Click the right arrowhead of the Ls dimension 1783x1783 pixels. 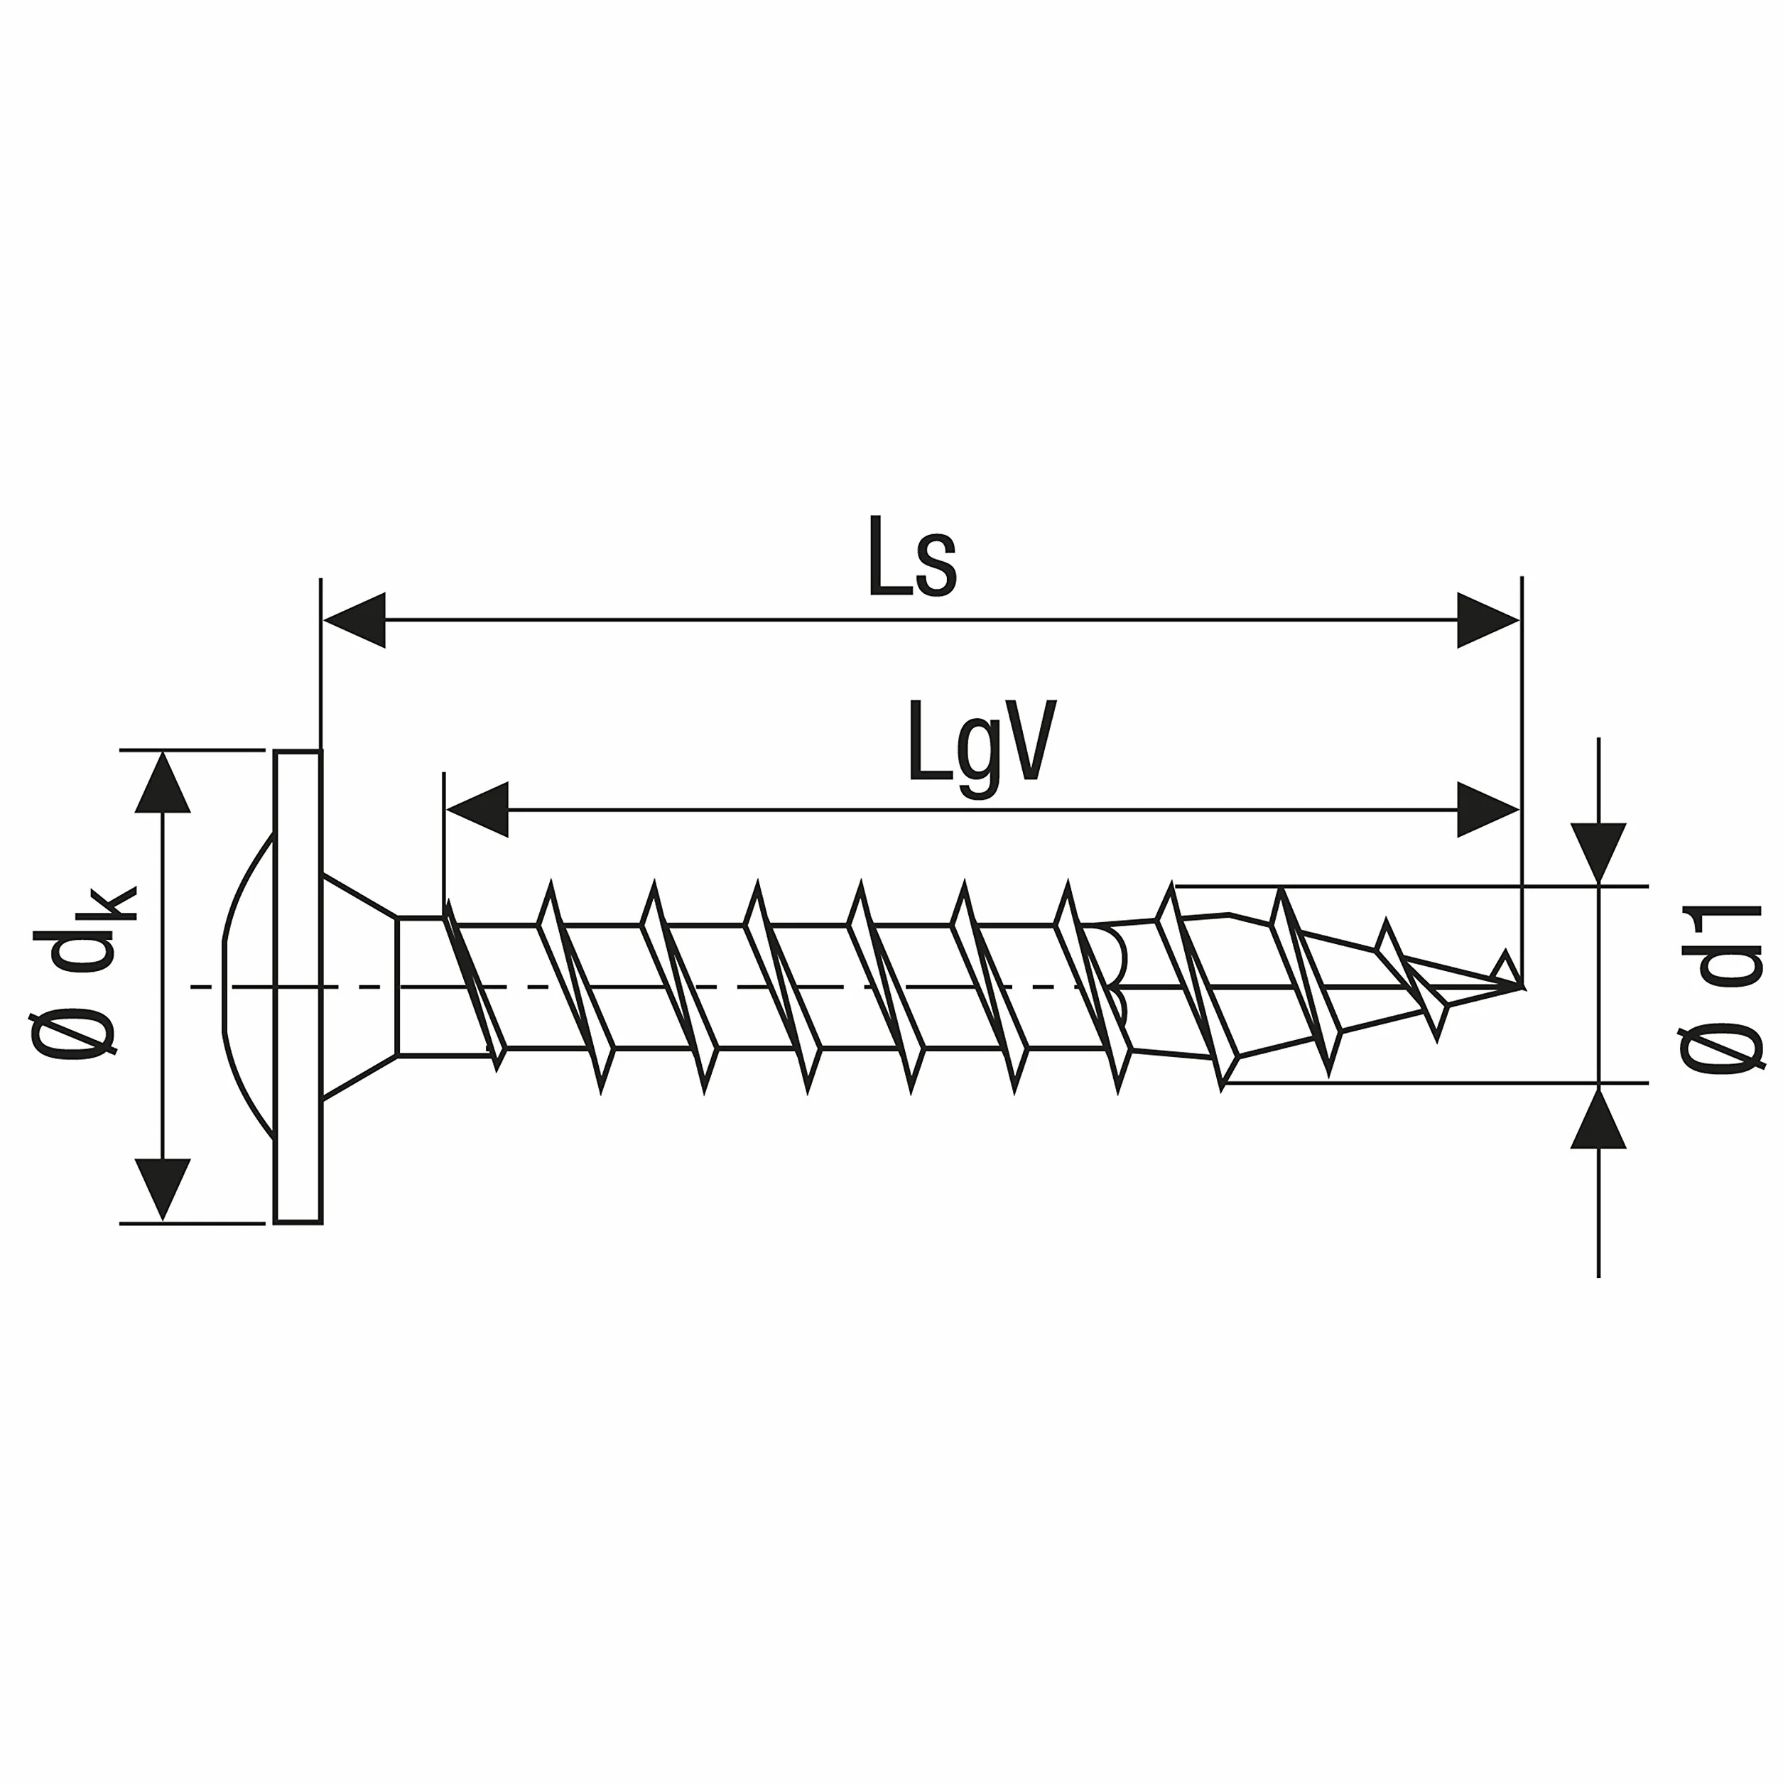(x=1487, y=620)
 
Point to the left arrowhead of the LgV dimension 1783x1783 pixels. (x=477, y=809)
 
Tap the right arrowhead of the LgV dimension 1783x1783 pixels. (x=1487, y=809)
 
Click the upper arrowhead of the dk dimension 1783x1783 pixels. (x=163, y=783)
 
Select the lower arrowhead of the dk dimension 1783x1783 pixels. (x=163, y=1190)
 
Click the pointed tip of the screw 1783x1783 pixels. (x=1521, y=987)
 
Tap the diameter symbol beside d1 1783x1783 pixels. (x=1721, y=1049)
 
